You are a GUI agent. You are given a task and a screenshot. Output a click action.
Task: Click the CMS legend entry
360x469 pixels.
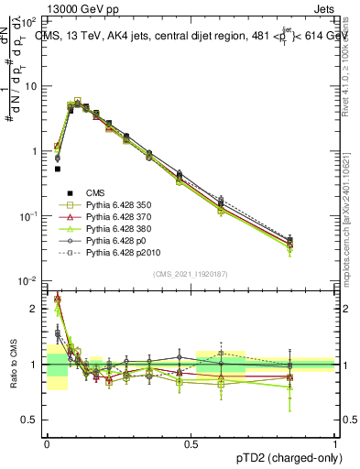point(95,192)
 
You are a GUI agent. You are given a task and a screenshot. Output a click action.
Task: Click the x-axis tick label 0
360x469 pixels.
point(46,444)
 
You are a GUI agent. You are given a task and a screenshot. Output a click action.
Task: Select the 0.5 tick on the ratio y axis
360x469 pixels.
point(30,420)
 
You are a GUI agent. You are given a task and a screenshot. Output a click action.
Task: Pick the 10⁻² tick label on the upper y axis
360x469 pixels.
point(30,281)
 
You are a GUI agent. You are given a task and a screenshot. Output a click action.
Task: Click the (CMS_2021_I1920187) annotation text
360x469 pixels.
point(190,274)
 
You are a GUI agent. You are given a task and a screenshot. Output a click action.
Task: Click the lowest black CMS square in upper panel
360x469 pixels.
point(58,169)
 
